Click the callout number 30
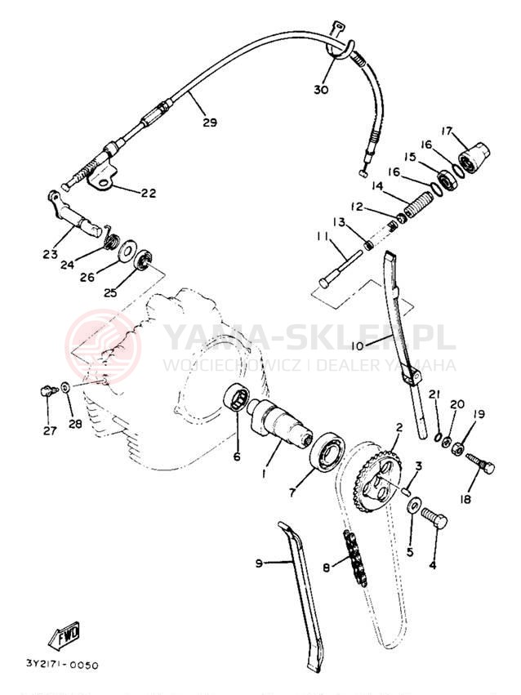[x=321, y=90]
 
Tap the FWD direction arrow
[x=65, y=635]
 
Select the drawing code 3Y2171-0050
[x=62, y=665]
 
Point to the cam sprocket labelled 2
[x=378, y=481]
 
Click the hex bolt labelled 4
[x=434, y=518]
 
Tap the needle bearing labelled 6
[x=237, y=398]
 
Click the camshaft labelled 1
[x=279, y=421]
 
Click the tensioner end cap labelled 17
[x=474, y=158]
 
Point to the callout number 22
[x=149, y=194]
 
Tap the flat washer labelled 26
[x=127, y=252]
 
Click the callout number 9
[x=259, y=564]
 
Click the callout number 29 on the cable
[x=210, y=123]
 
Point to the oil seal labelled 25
[x=144, y=261]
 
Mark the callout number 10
[x=357, y=346]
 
